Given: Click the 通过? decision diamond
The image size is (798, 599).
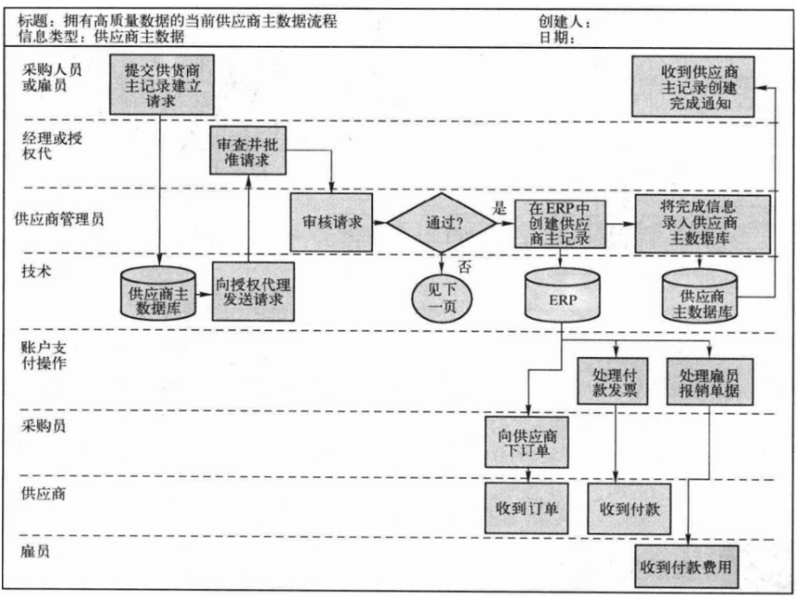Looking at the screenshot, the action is (441, 222).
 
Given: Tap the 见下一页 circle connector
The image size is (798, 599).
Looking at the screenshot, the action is (442, 298).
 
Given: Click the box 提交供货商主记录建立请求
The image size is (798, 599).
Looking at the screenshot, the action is (161, 84).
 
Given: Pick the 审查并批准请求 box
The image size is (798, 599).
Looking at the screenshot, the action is (248, 151).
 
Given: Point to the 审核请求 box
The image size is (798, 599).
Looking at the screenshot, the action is (331, 222).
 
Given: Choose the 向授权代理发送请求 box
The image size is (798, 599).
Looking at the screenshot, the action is (253, 292).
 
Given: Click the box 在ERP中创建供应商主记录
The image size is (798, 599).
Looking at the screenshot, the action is (560, 223).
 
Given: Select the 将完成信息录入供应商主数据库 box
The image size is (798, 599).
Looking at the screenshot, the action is (702, 223).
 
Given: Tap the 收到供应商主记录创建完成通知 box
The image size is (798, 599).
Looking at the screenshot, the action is (693, 87).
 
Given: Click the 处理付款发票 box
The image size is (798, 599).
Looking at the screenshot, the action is (613, 382).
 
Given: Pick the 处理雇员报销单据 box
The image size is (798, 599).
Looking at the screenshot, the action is (710, 382).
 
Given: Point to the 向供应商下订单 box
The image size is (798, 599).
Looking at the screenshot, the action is (527, 442).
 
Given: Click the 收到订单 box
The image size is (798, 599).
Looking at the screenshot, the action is (527, 508).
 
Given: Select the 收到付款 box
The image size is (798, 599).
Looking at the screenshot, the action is (629, 509).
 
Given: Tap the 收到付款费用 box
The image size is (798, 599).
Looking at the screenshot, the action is (686, 566).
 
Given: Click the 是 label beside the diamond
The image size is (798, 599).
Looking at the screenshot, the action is (500, 208).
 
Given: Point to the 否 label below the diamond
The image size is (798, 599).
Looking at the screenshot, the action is (463, 267).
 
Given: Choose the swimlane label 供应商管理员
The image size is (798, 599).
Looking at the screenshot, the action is (59, 219).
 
